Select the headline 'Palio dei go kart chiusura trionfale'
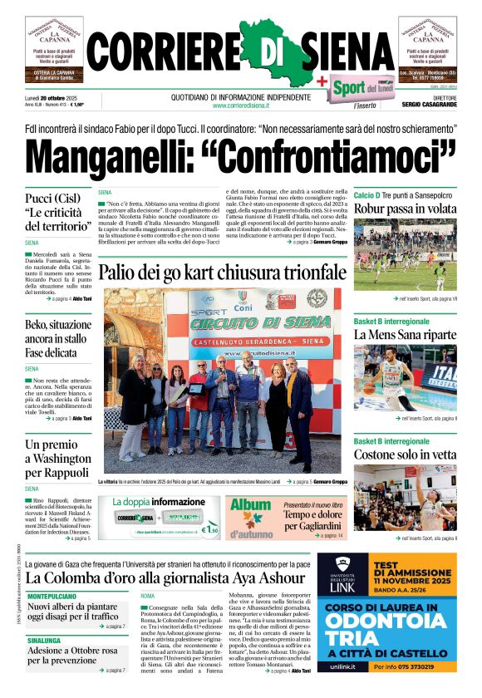[222, 272]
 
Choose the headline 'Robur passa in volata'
[404, 209]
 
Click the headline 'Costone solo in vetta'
[405, 455]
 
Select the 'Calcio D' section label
[366, 194]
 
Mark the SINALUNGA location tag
[49, 641]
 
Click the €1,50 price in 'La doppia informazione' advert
[211, 528]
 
